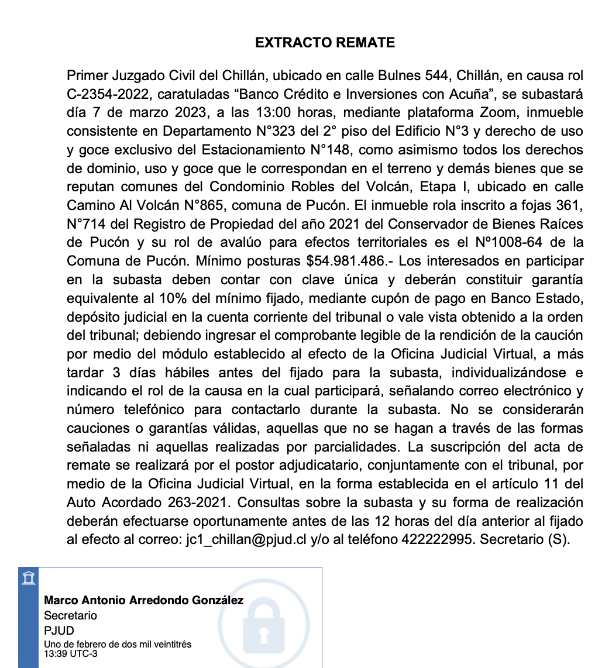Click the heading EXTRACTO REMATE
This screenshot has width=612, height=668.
(325, 43)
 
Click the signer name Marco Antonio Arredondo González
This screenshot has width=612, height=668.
(143, 601)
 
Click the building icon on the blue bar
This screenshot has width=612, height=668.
(27, 579)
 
